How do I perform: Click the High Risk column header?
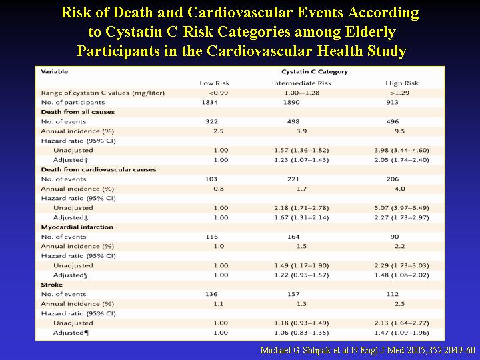click(402, 83)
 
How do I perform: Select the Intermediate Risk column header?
click(301, 83)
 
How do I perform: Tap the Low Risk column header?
click(214, 83)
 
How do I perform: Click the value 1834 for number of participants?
click(210, 102)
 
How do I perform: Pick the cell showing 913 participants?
click(392, 102)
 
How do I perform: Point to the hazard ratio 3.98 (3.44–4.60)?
click(401, 150)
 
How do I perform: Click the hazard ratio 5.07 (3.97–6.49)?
click(401, 208)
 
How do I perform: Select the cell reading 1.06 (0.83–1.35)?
click(301, 333)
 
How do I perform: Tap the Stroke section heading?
click(52, 285)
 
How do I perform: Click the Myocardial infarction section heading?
click(77, 227)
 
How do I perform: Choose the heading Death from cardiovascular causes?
click(99, 169)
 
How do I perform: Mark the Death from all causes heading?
click(78, 112)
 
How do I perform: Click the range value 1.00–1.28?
click(301, 93)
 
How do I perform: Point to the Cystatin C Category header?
click(315, 72)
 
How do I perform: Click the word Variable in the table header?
click(55, 71)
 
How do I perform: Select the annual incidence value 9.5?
click(399, 131)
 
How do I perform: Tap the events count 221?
click(293, 179)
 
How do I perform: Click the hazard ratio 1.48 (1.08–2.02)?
click(401, 275)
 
